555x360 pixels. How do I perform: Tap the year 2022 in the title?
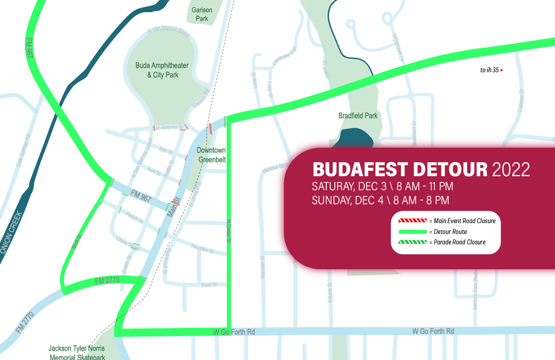click(510, 170)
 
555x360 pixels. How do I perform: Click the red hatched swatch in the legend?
click(412, 221)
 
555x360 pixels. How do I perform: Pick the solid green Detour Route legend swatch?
click(412, 232)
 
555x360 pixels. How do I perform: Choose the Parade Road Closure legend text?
click(460, 242)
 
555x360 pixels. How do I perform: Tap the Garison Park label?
click(202, 14)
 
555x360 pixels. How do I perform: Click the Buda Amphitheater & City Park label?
click(162, 70)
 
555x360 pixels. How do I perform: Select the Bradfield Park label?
click(358, 116)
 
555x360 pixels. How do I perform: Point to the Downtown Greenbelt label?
click(211, 155)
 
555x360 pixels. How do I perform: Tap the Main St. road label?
click(174, 207)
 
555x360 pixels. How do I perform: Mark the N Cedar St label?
click(229, 231)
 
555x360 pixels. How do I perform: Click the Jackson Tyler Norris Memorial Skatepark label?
click(77, 352)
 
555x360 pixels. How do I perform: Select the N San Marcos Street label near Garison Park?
click(169, 32)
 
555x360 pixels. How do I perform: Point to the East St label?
click(209, 284)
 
